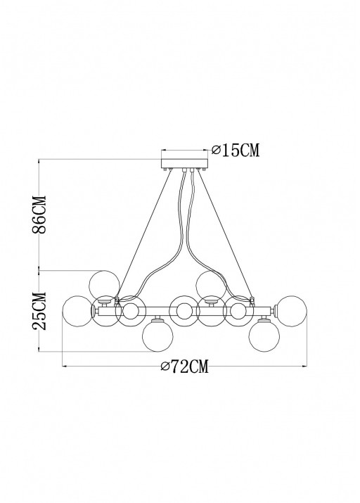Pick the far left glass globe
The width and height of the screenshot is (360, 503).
(77, 310)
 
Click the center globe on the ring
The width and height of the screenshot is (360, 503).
(184, 310)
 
